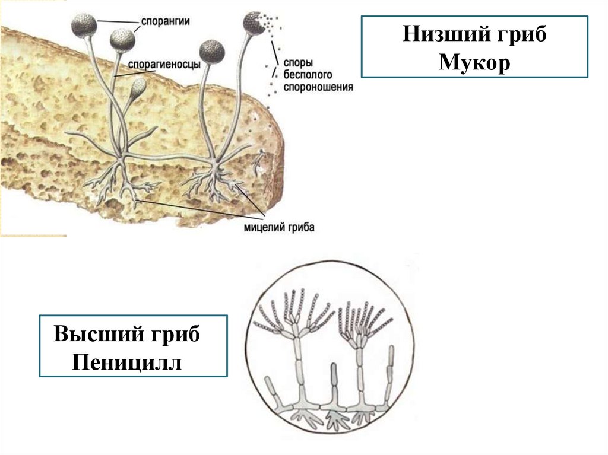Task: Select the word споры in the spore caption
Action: coord(296,62)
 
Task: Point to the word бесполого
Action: coord(308,74)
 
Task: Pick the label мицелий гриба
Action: coord(278,227)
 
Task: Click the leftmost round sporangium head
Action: coord(84,25)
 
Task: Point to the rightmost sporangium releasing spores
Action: coord(255,24)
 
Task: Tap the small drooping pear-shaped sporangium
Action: coord(138,87)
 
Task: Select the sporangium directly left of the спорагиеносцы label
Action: coord(122,40)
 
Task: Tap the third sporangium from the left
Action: coord(212,52)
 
